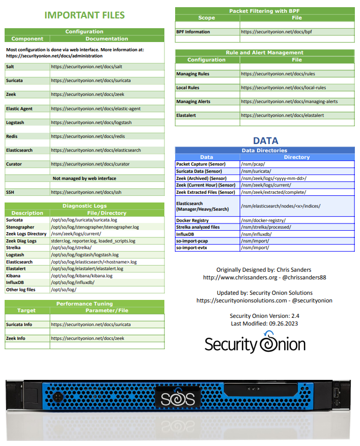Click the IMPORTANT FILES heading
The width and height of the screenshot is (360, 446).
point(84,15)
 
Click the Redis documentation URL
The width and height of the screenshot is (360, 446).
point(88,136)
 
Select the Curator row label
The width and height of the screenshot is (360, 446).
point(14,164)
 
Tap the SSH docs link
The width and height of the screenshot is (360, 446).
point(86,192)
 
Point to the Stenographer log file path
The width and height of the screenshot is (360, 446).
point(95,227)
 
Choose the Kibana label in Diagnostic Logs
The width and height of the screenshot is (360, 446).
point(14,276)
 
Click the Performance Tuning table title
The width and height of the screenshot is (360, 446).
point(84,303)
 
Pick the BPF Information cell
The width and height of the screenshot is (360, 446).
point(193,32)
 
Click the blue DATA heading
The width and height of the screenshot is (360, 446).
point(265,140)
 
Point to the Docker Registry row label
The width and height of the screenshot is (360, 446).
point(193,220)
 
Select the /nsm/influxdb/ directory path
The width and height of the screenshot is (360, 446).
point(256,234)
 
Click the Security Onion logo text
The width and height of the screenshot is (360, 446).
point(255,344)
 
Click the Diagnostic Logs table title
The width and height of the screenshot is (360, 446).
point(84,206)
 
